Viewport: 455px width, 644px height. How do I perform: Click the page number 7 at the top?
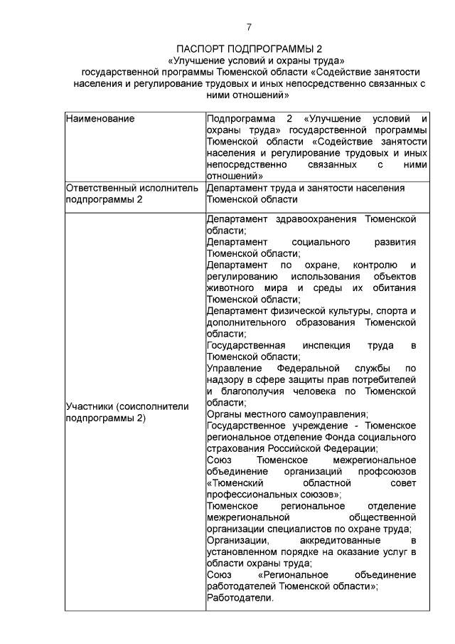click(248, 28)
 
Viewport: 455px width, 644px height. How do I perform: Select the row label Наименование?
click(100, 118)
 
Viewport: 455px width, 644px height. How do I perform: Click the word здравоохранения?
click(311, 219)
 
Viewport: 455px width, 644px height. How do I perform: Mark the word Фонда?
click(338, 436)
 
